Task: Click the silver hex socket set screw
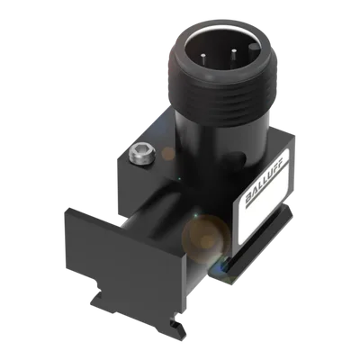142,154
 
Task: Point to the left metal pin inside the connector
203,58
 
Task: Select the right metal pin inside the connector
234,56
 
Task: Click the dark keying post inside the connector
255,49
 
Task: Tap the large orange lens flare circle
206,238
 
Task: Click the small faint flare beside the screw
168,154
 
